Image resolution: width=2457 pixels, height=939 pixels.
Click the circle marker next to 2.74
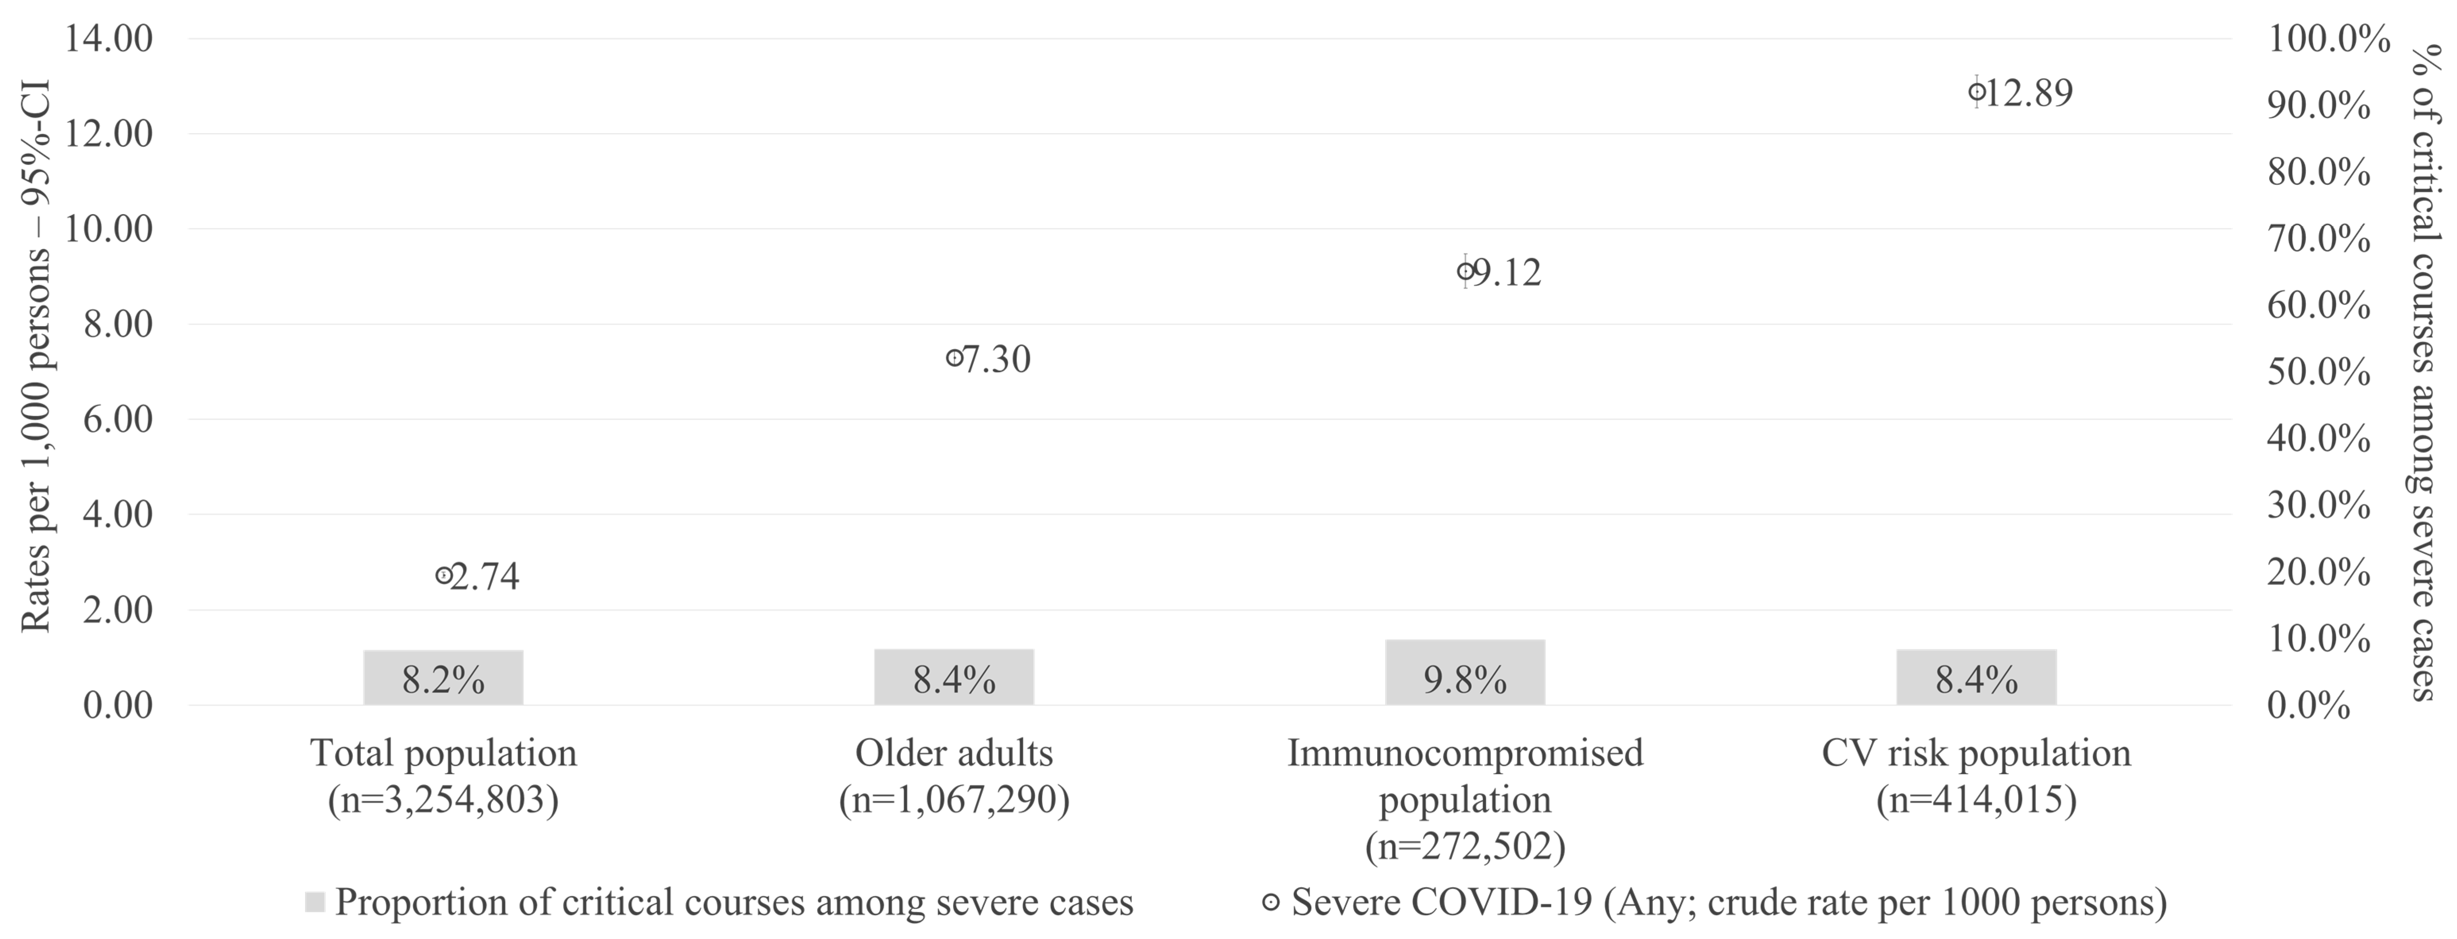(443, 575)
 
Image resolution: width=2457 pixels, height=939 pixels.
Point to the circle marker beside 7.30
(954, 358)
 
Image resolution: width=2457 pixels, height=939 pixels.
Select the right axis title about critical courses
(2428, 372)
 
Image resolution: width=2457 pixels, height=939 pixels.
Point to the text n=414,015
(1976, 800)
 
